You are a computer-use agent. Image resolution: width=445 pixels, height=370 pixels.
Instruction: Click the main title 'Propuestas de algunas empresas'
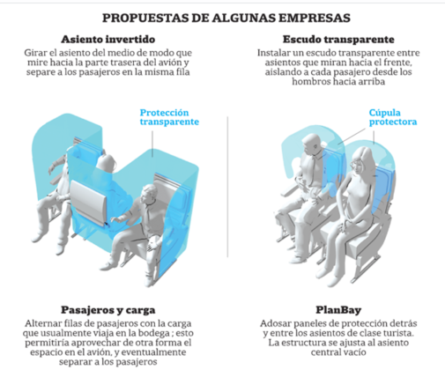point(226,18)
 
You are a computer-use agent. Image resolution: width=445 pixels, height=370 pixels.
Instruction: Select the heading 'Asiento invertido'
point(108,40)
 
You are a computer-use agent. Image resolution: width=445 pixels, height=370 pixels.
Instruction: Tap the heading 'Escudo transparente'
point(338,40)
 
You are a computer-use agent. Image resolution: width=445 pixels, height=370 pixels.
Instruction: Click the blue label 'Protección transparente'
point(169,117)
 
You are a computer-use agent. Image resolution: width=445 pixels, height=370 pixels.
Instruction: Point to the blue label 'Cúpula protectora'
point(393,117)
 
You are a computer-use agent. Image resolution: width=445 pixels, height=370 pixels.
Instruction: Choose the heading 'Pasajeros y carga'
point(108,310)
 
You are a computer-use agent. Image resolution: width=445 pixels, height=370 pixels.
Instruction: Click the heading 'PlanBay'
point(338,310)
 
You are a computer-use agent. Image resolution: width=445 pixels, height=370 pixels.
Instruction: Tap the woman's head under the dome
point(362,160)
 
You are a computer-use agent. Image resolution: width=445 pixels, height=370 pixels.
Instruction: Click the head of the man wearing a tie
point(313,144)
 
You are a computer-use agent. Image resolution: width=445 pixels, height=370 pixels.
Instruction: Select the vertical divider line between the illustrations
point(227,187)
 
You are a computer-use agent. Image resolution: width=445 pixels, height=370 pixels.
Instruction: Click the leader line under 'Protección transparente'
point(152,144)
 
